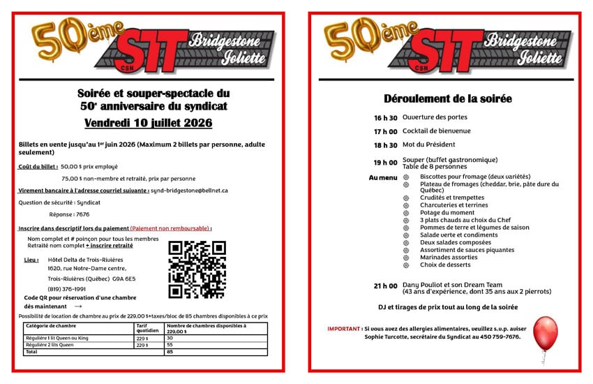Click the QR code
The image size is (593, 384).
click(197, 269)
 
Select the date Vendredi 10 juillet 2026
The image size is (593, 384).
click(148, 124)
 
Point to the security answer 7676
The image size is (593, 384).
click(82, 214)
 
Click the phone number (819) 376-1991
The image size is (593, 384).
click(67, 288)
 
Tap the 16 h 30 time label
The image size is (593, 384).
click(385, 118)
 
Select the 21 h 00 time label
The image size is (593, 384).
click(385, 286)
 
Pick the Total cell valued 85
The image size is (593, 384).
click(170, 352)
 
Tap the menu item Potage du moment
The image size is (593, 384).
click(446, 212)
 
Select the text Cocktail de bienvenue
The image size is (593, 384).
click(436, 131)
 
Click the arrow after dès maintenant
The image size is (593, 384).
click(77, 307)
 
